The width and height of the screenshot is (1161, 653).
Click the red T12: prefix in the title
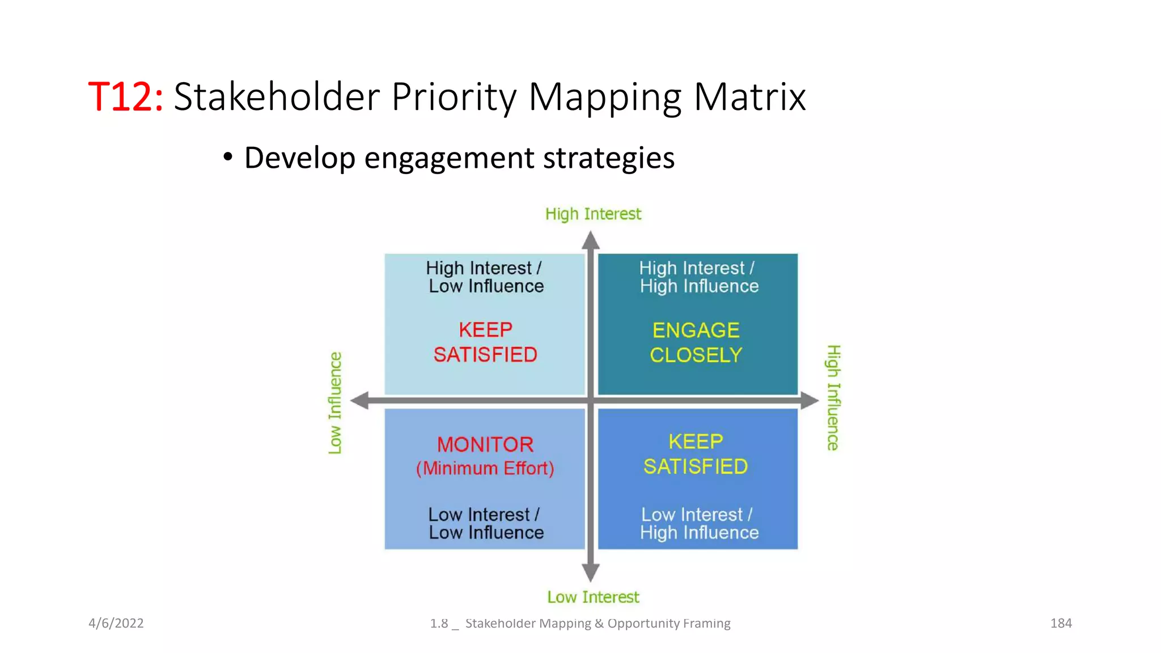click(126, 97)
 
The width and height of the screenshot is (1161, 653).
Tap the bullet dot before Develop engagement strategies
click(227, 157)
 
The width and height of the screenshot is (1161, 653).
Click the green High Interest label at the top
click(593, 214)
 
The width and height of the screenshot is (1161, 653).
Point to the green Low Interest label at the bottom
click(593, 597)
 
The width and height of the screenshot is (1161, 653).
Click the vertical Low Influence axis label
click(335, 402)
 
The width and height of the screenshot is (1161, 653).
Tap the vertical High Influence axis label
click(833, 398)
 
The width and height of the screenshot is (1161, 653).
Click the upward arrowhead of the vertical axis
click(591, 240)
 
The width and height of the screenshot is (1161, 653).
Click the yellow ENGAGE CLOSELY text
click(696, 342)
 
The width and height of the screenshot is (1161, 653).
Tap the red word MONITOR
click(485, 444)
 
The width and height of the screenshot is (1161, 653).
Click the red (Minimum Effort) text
click(485, 468)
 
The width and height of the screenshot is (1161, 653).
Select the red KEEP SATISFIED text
click(485, 342)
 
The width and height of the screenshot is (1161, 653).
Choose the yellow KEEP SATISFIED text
click(696, 454)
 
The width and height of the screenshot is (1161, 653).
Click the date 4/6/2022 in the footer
click(116, 623)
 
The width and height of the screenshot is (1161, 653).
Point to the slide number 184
click(1061, 623)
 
